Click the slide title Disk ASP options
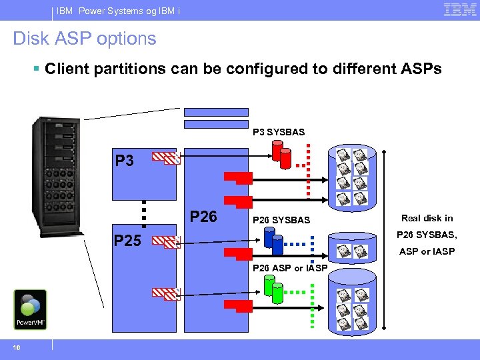coord(85,39)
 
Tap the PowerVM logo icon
coord(30,309)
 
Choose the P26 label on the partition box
coord(203,217)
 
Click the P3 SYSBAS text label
coord(279,132)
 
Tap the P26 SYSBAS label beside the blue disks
coord(281,220)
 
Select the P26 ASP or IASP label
coord(289,268)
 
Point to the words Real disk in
coord(427,218)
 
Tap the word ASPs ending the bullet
coord(419,69)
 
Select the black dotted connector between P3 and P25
coord(143,212)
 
